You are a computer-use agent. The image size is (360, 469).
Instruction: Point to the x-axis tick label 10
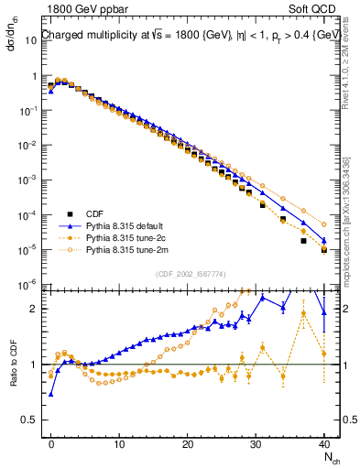pos(120,443)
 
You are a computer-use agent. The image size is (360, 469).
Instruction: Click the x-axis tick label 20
pos(188,443)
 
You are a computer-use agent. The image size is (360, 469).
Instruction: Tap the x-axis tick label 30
pos(256,443)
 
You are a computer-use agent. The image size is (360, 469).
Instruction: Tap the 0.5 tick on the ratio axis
pos(34,421)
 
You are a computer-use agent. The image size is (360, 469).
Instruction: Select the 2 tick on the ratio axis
pos(37,308)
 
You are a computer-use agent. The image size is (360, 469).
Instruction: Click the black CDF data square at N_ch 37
pos(303,241)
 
